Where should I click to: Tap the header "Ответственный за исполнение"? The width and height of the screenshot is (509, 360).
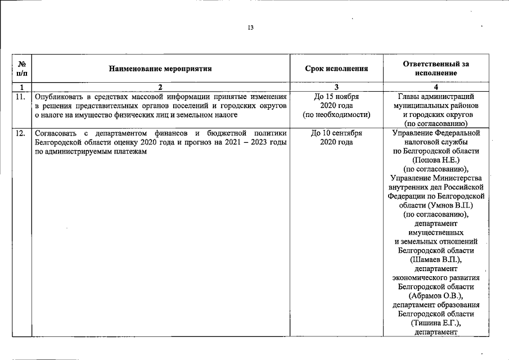point(436,69)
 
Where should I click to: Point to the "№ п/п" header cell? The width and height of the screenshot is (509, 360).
point(20,69)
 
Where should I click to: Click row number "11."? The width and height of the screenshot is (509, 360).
point(20,96)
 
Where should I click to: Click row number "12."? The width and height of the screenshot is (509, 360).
point(20,134)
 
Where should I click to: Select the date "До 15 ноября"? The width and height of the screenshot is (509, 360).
point(336,96)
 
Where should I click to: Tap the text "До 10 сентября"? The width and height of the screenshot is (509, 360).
point(336,134)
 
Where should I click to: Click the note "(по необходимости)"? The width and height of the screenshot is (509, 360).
point(336,114)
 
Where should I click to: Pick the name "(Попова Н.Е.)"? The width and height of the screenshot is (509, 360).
point(436,160)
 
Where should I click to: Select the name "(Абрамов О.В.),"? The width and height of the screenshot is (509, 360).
point(436,295)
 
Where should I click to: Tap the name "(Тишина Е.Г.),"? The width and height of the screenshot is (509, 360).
point(436,322)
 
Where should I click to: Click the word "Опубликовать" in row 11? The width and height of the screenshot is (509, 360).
point(58,96)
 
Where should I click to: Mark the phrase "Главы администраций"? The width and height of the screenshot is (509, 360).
point(436,96)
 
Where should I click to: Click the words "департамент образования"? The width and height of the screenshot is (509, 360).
point(436,304)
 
